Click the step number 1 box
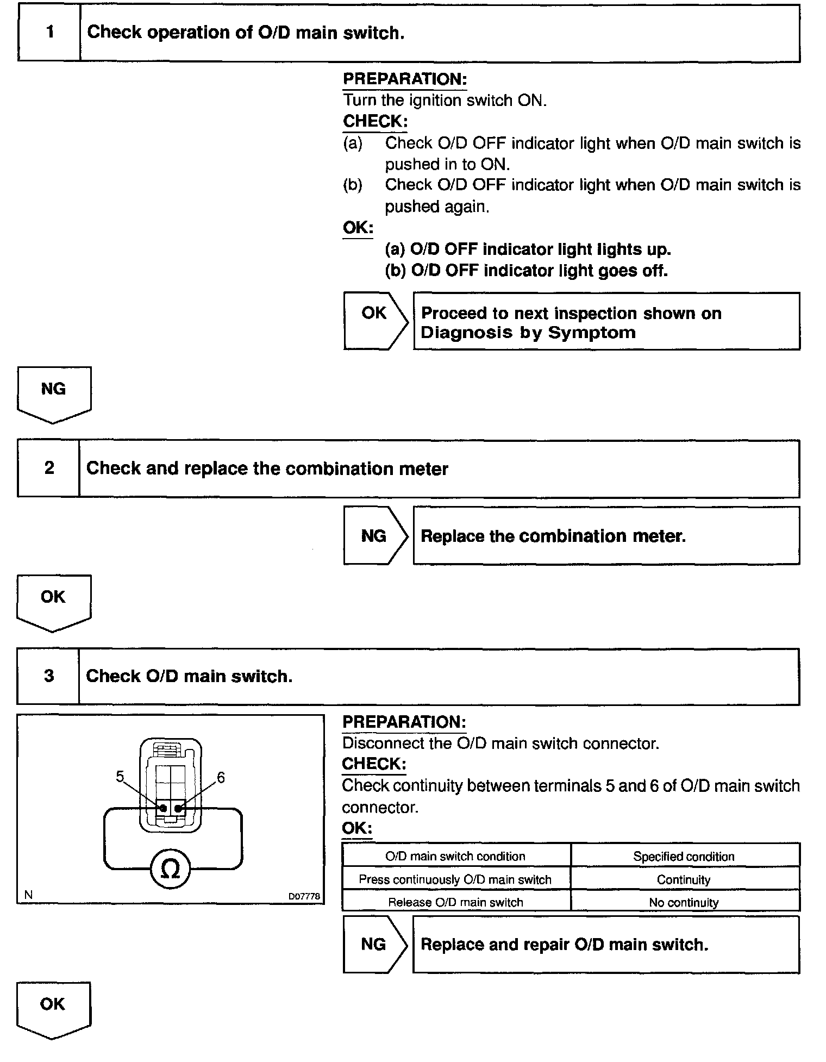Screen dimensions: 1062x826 (49, 32)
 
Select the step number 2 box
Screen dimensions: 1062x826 (49, 468)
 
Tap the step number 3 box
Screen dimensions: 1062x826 (49, 676)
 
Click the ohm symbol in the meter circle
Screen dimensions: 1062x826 (170, 869)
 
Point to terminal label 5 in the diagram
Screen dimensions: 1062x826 (120, 777)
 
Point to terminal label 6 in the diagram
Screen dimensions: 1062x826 (221, 778)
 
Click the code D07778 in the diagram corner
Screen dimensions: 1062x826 (304, 896)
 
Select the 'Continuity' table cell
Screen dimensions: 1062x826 (684, 879)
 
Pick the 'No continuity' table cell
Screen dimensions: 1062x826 (684, 902)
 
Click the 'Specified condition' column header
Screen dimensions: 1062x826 (684, 857)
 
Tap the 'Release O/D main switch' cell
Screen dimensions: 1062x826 (455, 902)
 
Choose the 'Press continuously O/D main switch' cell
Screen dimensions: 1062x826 (455, 879)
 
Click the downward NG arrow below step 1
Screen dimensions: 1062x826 (54, 393)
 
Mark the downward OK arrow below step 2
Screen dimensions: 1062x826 (54, 601)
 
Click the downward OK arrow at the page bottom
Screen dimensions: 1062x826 (53, 1008)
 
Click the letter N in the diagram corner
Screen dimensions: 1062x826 (28, 895)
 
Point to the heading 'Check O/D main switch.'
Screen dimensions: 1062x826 (189, 676)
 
